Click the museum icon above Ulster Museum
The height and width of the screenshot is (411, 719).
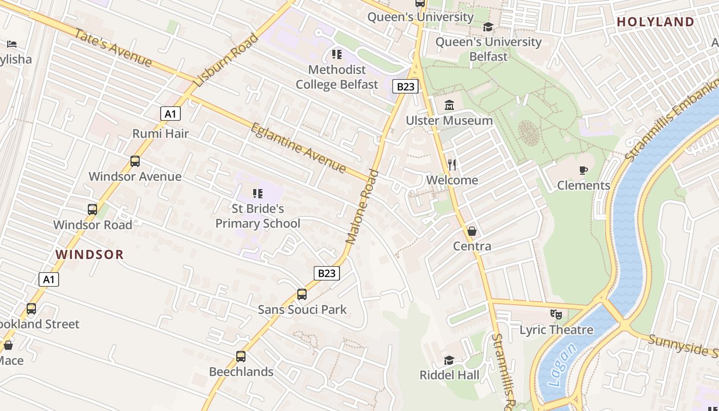pyautogui.click(x=449, y=105)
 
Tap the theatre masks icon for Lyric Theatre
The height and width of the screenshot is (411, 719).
pyautogui.click(x=556, y=314)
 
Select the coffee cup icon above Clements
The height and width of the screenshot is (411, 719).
pyautogui.click(x=583, y=170)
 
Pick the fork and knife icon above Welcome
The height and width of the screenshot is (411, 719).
pyautogui.click(x=452, y=164)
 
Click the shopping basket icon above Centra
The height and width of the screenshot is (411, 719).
pyautogui.click(x=471, y=231)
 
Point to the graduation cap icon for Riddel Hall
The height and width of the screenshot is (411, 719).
pyautogui.click(x=449, y=360)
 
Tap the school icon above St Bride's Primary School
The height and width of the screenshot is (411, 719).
pyautogui.click(x=258, y=194)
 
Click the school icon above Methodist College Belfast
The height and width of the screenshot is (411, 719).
pyautogui.click(x=337, y=54)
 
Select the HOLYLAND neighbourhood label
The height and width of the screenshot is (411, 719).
pyautogui.click(x=655, y=22)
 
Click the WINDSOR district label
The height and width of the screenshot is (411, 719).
pyautogui.click(x=90, y=254)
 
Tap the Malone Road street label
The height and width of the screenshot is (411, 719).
pyautogui.click(x=363, y=207)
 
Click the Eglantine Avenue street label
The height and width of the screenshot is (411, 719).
pyautogui.click(x=298, y=147)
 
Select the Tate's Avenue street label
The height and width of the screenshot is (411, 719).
pyautogui.click(x=113, y=48)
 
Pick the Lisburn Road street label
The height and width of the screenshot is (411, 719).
pyautogui.click(x=226, y=60)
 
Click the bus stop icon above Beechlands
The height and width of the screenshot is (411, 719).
pyautogui.click(x=241, y=356)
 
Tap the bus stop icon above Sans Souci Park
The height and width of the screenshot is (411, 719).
pyautogui.click(x=302, y=294)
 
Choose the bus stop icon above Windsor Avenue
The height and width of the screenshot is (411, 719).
pyautogui.click(x=135, y=161)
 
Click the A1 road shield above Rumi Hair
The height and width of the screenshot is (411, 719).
pyautogui.click(x=170, y=114)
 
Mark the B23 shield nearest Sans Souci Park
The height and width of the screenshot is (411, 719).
pyautogui.click(x=327, y=273)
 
